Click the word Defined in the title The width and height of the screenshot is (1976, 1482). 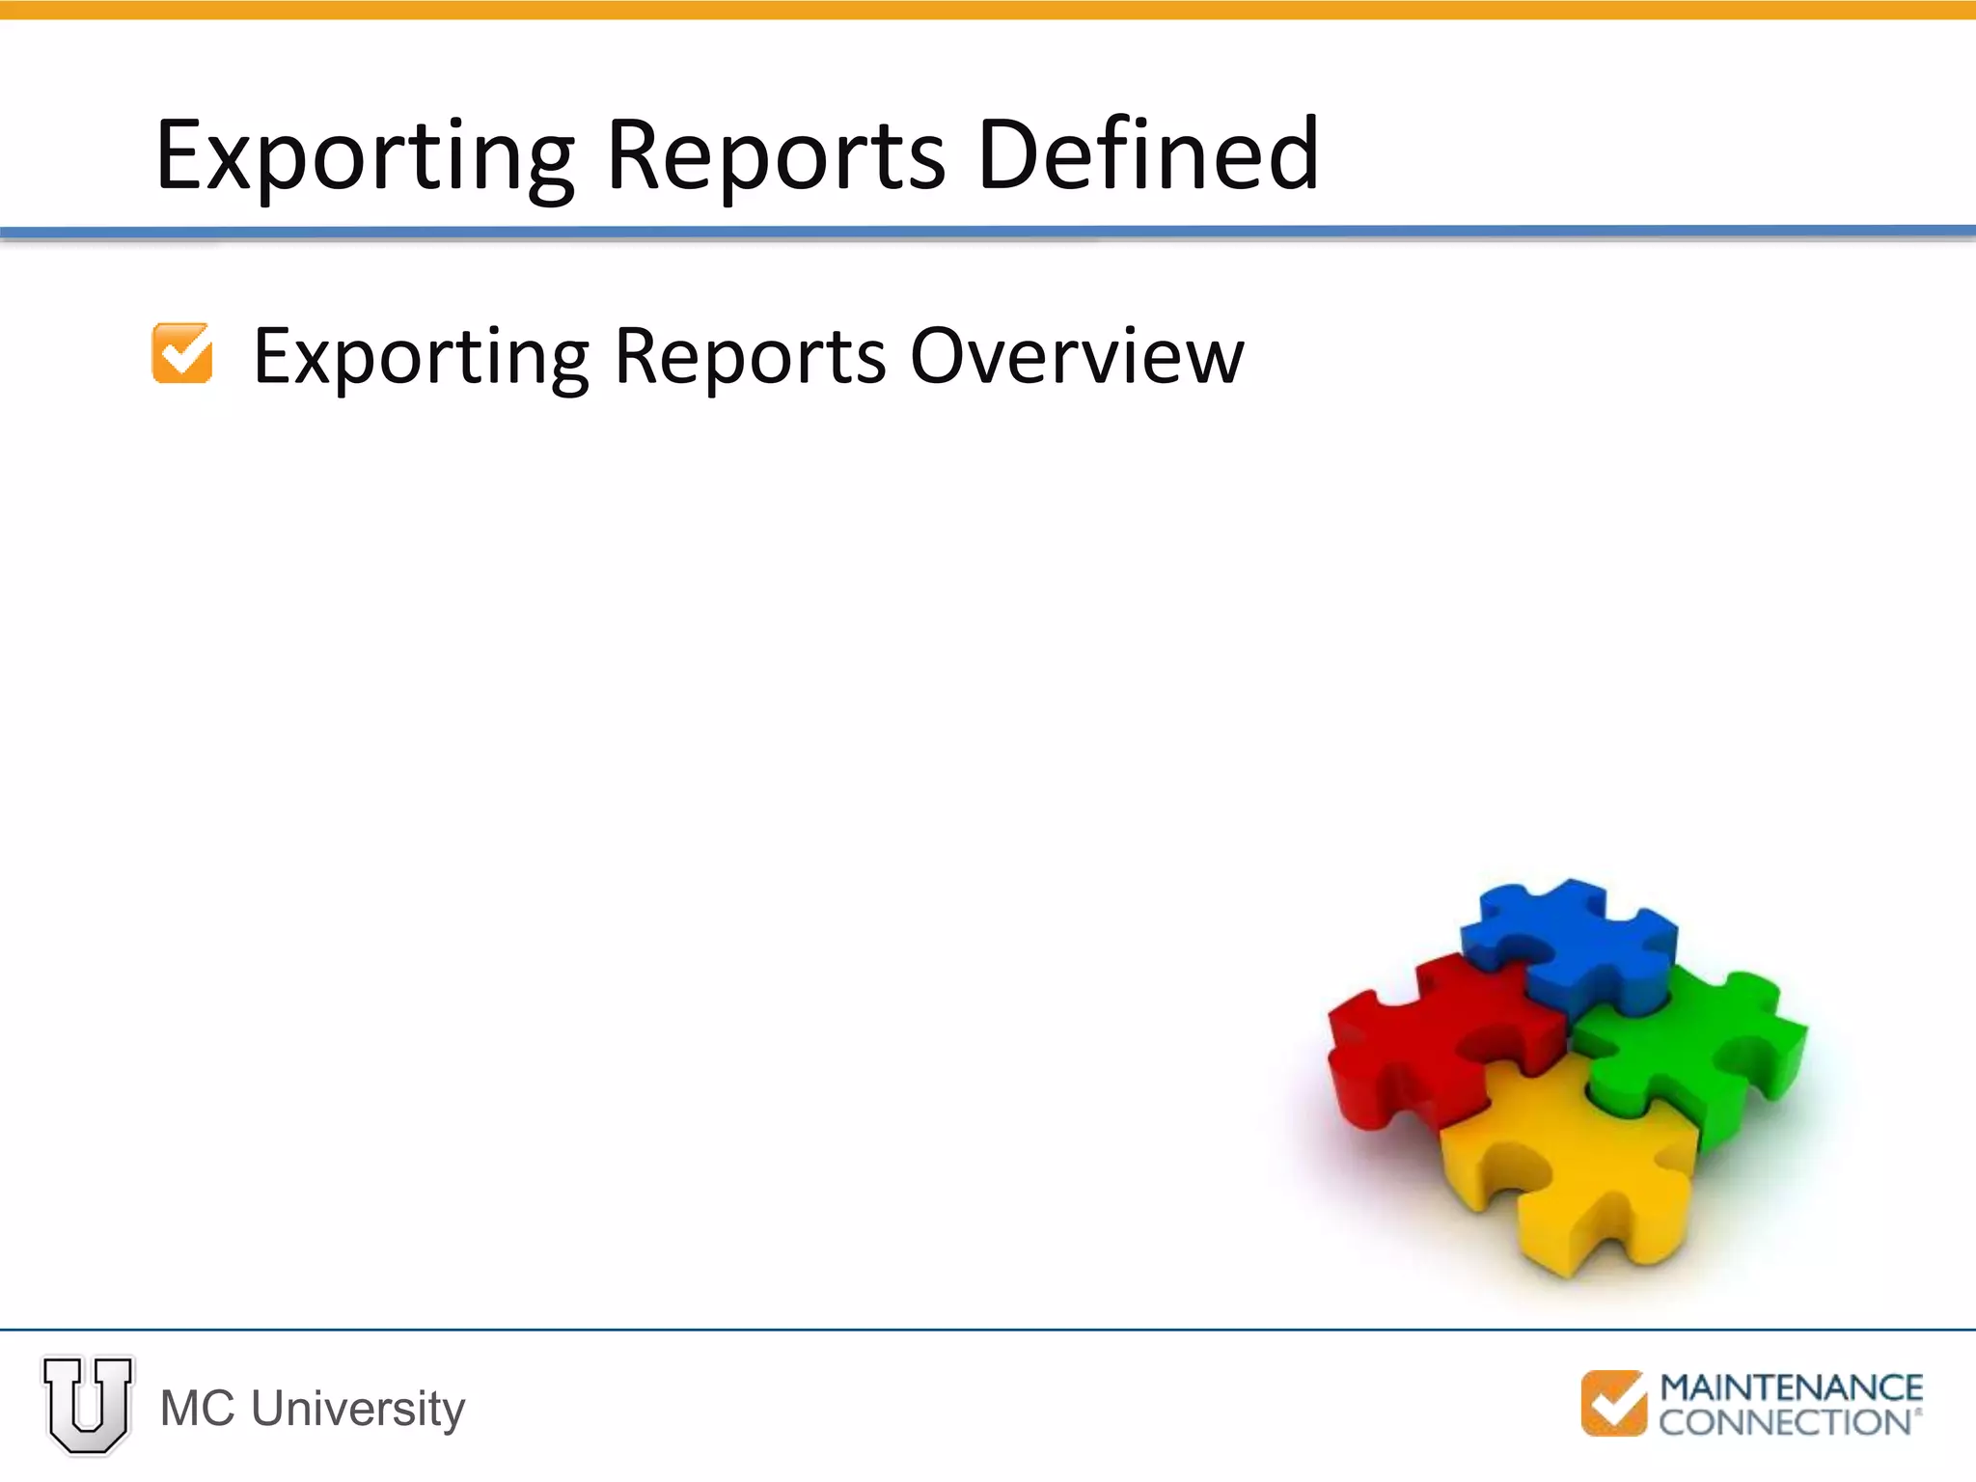1147,154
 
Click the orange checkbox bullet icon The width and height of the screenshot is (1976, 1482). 182,353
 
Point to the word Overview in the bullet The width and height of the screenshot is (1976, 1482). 1077,356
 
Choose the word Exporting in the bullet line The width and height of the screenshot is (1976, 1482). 420,358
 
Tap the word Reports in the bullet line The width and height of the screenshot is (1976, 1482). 749,357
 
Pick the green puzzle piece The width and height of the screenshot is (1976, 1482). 1698,1052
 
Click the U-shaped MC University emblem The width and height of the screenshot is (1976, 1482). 88,1404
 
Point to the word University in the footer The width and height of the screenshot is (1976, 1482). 358,1409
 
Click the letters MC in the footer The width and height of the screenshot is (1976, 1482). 197,1409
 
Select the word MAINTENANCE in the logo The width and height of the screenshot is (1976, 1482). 1791,1388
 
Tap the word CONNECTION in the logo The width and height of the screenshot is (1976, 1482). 1785,1422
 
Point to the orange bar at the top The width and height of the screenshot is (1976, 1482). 988,10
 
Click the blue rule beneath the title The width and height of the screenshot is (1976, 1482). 988,232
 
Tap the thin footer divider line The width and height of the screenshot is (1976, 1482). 988,1330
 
